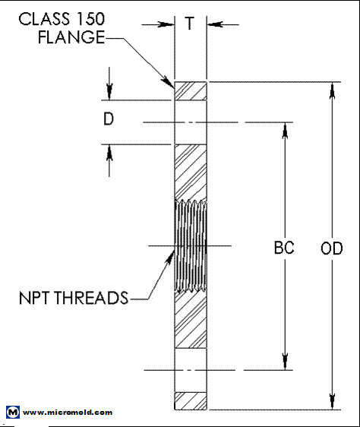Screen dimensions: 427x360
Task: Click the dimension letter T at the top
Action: coord(190,24)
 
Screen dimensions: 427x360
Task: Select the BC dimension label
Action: coord(284,248)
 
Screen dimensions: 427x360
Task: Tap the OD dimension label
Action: coord(331,248)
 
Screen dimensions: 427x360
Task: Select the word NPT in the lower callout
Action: coord(35,297)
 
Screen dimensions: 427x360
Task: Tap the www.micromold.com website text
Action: coord(68,413)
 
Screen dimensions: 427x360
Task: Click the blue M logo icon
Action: coord(12,413)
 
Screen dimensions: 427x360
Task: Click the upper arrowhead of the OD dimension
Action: coord(331,89)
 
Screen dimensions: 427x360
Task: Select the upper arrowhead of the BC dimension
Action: coord(284,130)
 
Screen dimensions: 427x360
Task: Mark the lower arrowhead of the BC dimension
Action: coord(284,362)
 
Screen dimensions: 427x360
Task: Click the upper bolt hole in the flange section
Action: coord(190,122)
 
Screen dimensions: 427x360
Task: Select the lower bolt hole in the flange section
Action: coord(190,371)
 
